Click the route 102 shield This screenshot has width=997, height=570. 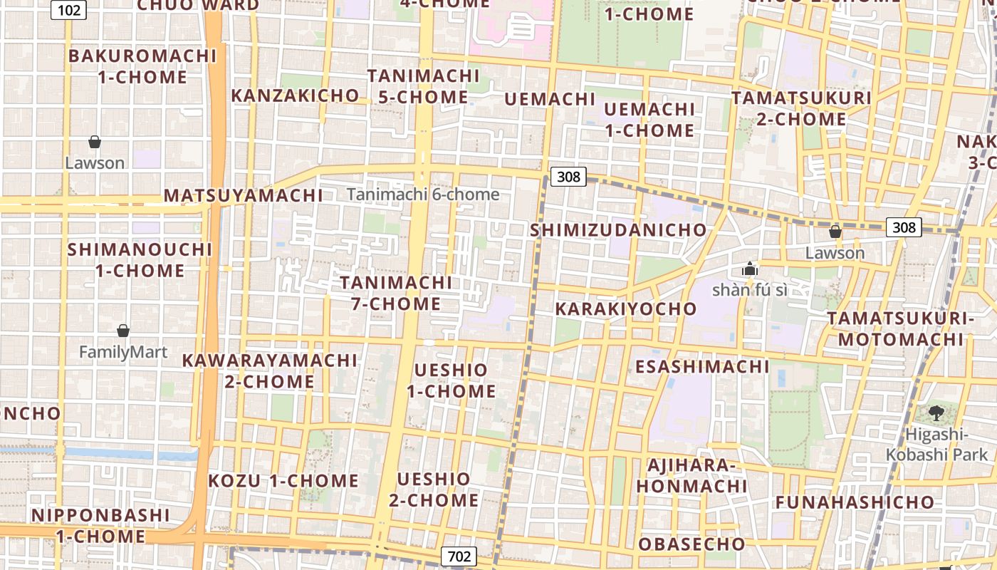tap(69, 9)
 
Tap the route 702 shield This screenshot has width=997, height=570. tap(459, 556)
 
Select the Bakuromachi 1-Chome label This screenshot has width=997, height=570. tap(142, 66)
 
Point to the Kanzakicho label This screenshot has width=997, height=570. tap(296, 95)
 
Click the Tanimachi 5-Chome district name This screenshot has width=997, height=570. tap(423, 86)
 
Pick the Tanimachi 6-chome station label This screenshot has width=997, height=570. tap(423, 194)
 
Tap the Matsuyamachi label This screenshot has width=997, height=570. tap(244, 195)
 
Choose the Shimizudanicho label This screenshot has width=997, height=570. tap(618, 230)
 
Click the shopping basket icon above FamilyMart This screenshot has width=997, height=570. tap(123, 331)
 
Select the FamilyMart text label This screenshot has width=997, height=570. tap(123, 352)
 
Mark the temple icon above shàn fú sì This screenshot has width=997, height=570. tap(749, 269)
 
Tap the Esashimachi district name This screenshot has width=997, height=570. tap(702, 367)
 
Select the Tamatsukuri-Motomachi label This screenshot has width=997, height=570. tap(900, 328)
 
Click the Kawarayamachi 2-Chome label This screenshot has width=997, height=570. tap(269, 370)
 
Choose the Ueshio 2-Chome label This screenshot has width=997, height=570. tap(434, 489)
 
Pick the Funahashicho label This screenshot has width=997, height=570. tap(855, 502)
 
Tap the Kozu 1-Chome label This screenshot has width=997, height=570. tap(283, 481)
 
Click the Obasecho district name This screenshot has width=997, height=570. tap(691, 544)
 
